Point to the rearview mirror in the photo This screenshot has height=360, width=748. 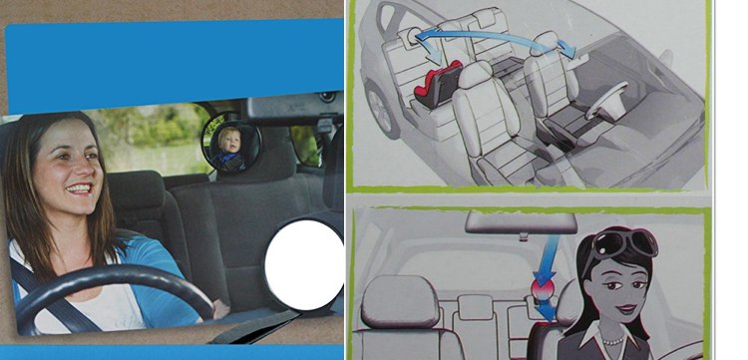pos(292,108)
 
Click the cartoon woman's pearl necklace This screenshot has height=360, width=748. pos(613,341)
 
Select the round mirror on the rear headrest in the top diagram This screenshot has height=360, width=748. pos(411,37)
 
